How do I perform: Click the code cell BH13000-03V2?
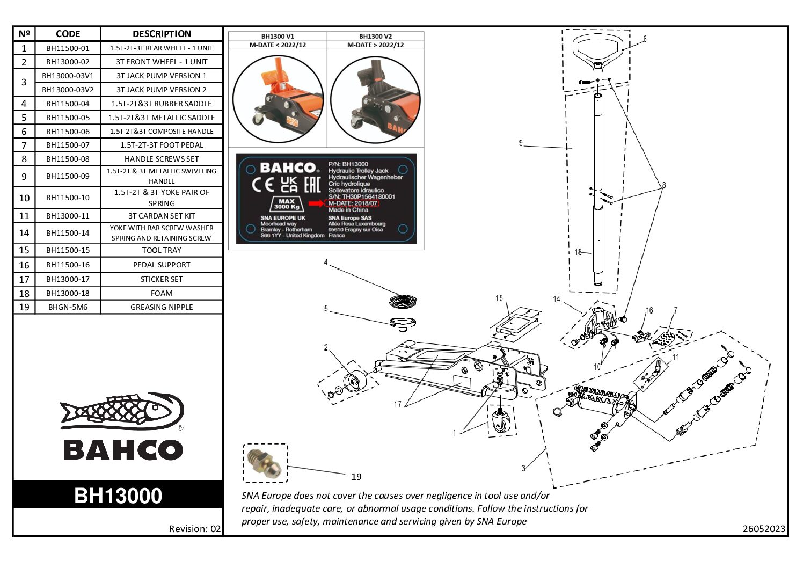[68, 90]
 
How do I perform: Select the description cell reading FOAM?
[162, 293]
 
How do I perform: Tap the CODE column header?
[68, 34]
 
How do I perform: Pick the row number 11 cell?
[24, 216]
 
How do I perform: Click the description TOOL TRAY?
[162, 250]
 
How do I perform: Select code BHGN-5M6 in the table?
[68, 307]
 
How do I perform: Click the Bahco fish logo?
[122, 412]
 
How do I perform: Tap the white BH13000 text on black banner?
[118, 496]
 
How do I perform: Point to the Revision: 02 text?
[194, 529]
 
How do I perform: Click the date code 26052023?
[764, 529]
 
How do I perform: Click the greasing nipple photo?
[265, 463]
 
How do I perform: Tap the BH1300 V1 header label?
[278, 37]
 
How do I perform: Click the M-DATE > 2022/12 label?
[375, 45]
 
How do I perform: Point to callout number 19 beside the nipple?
[356, 477]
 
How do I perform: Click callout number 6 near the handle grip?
[645, 39]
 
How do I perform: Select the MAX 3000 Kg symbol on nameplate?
[287, 204]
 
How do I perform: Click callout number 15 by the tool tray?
[499, 298]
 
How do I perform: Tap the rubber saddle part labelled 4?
[403, 301]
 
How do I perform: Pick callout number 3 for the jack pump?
[523, 468]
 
